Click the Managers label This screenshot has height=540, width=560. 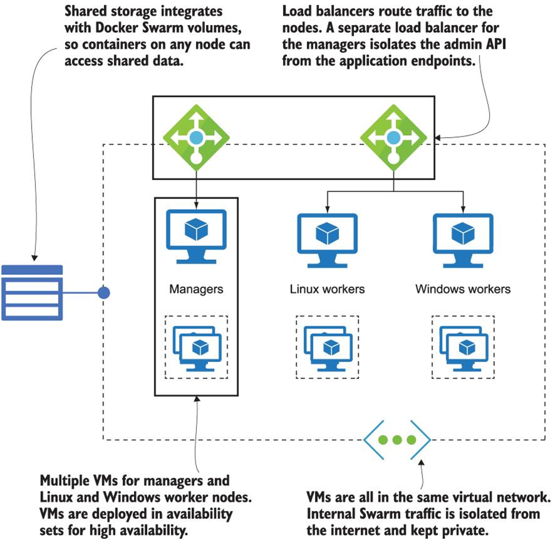pyautogui.click(x=196, y=290)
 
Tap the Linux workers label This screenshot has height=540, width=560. pyautogui.click(x=327, y=290)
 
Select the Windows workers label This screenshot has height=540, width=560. pyautogui.click(x=463, y=290)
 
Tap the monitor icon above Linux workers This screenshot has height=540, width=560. pyautogui.click(x=327, y=235)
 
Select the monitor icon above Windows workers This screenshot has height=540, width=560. pyautogui.click(x=463, y=235)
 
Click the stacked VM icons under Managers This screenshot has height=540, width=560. pyautogui.click(x=196, y=346)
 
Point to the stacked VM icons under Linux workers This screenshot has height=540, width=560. pyautogui.click(x=327, y=346)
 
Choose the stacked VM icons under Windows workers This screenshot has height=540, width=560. pyautogui.click(x=463, y=346)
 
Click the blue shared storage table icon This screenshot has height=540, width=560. pyautogui.click(x=32, y=292)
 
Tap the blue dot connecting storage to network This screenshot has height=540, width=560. pyautogui.click(x=104, y=293)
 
